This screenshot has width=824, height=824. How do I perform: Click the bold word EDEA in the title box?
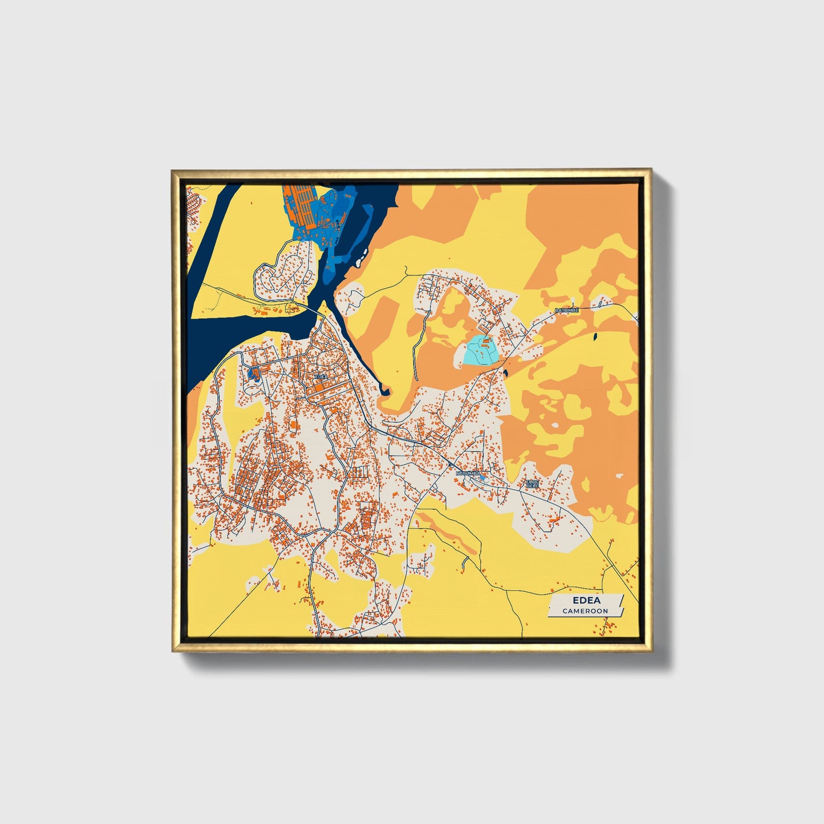tap(584, 600)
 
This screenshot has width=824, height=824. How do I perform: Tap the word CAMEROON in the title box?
tap(585, 611)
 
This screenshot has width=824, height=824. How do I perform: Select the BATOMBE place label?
tap(567, 310)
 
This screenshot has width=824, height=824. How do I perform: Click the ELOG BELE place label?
tap(532, 484)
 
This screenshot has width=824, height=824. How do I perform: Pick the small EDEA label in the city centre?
tap(321, 376)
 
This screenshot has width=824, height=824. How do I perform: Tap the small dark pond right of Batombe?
tap(594, 337)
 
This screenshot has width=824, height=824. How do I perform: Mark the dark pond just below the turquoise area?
tap(505, 374)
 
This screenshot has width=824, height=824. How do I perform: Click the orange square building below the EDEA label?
tap(315, 389)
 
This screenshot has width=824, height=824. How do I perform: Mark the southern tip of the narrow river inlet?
tap(384, 391)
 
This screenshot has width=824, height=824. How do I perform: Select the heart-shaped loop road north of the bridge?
tap(285, 274)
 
